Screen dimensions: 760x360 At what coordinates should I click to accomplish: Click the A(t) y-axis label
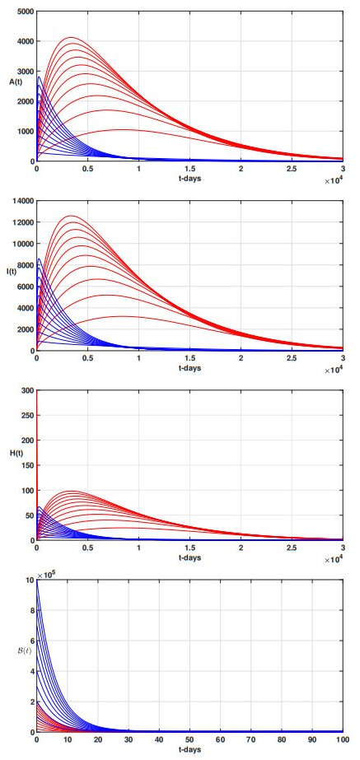pyautogui.click(x=16, y=82)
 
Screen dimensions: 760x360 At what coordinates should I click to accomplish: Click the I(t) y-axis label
pyautogui.click(x=14, y=271)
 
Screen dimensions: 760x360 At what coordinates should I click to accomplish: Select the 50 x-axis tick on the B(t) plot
pyautogui.click(x=189, y=739)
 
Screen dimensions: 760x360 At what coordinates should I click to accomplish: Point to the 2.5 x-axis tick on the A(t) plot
pyautogui.click(x=292, y=169)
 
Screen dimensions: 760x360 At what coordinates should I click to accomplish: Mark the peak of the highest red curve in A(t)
pyautogui.click(x=70, y=37)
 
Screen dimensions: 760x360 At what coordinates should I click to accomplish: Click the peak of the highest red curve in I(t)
pyautogui.click(x=70, y=216)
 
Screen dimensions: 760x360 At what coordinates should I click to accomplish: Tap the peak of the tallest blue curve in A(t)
pyautogui.click(x=39, y=77)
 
